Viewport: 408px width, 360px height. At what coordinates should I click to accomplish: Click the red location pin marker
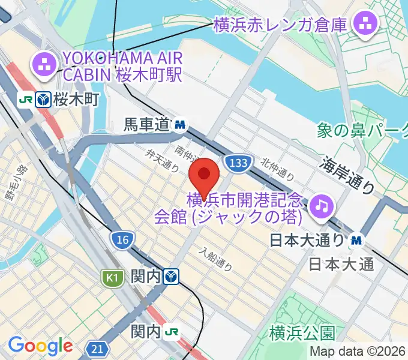[204, 175]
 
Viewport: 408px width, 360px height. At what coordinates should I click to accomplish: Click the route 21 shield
[97, 348]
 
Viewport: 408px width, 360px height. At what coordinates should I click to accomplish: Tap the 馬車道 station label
[148, 125]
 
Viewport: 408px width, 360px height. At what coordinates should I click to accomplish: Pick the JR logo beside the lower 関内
[172, 331]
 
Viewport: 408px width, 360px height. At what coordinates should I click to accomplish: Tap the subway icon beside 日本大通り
[357, 240]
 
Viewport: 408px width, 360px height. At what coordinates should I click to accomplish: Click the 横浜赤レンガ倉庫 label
[280, 25]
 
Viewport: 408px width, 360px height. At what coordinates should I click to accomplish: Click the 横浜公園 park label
[302, 332]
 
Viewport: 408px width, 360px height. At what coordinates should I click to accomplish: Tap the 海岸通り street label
[347, 175]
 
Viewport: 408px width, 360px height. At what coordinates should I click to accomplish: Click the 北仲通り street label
[278, 169]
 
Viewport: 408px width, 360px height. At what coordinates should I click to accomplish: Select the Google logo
[40, 346]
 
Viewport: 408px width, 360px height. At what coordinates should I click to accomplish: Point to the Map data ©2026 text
[359, 352]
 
